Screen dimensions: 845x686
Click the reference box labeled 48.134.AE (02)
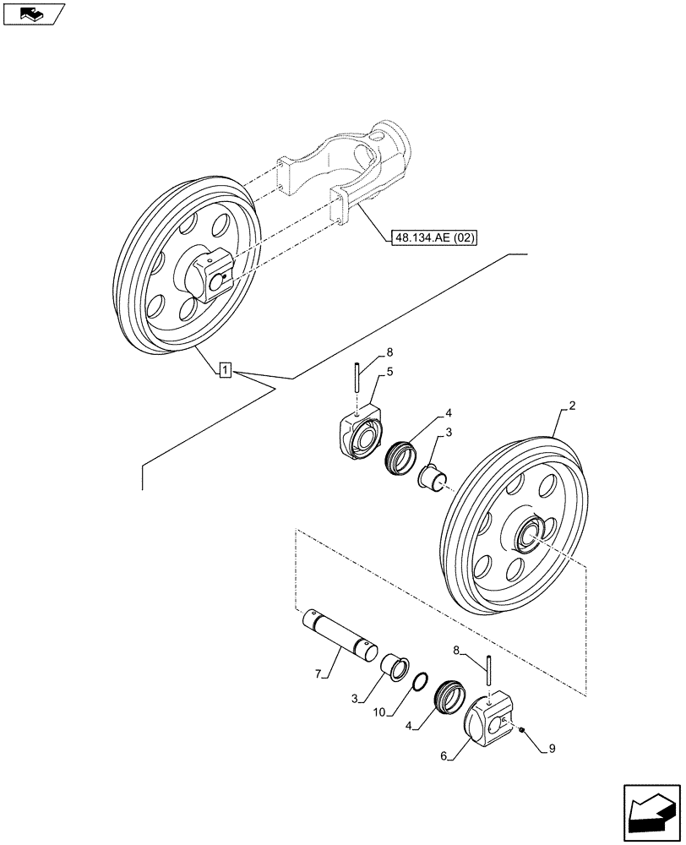click(x=434, y=238)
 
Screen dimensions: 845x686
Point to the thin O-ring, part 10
click(x=419, y=680)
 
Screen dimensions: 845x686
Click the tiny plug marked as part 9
click(x=524, y=731)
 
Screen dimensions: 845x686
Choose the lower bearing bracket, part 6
click(x=489, y=719)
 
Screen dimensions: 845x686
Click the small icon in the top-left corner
click(x=33, y=14)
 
